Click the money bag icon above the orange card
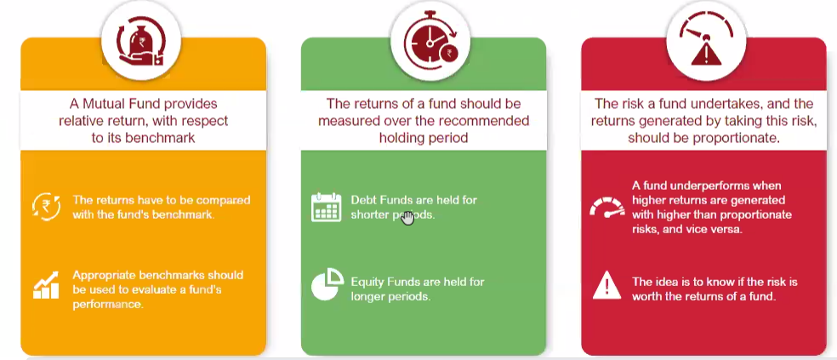click(x=141, y=41)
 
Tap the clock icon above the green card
click(x=430, y=43)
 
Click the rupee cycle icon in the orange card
click(x=45, y=208)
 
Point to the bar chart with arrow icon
click(x=45, y=285)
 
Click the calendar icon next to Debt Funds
click(x=326, y=208)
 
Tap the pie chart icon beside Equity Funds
click(x=327, y=283)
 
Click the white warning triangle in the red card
click(x=607, y=285)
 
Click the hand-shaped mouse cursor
click(x=407, y=217)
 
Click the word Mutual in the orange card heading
click(x=101, y=103)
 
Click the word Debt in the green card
click(x=363, y=200)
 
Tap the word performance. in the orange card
click(x=108, y=305)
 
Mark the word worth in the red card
click(x=647, y=296)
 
